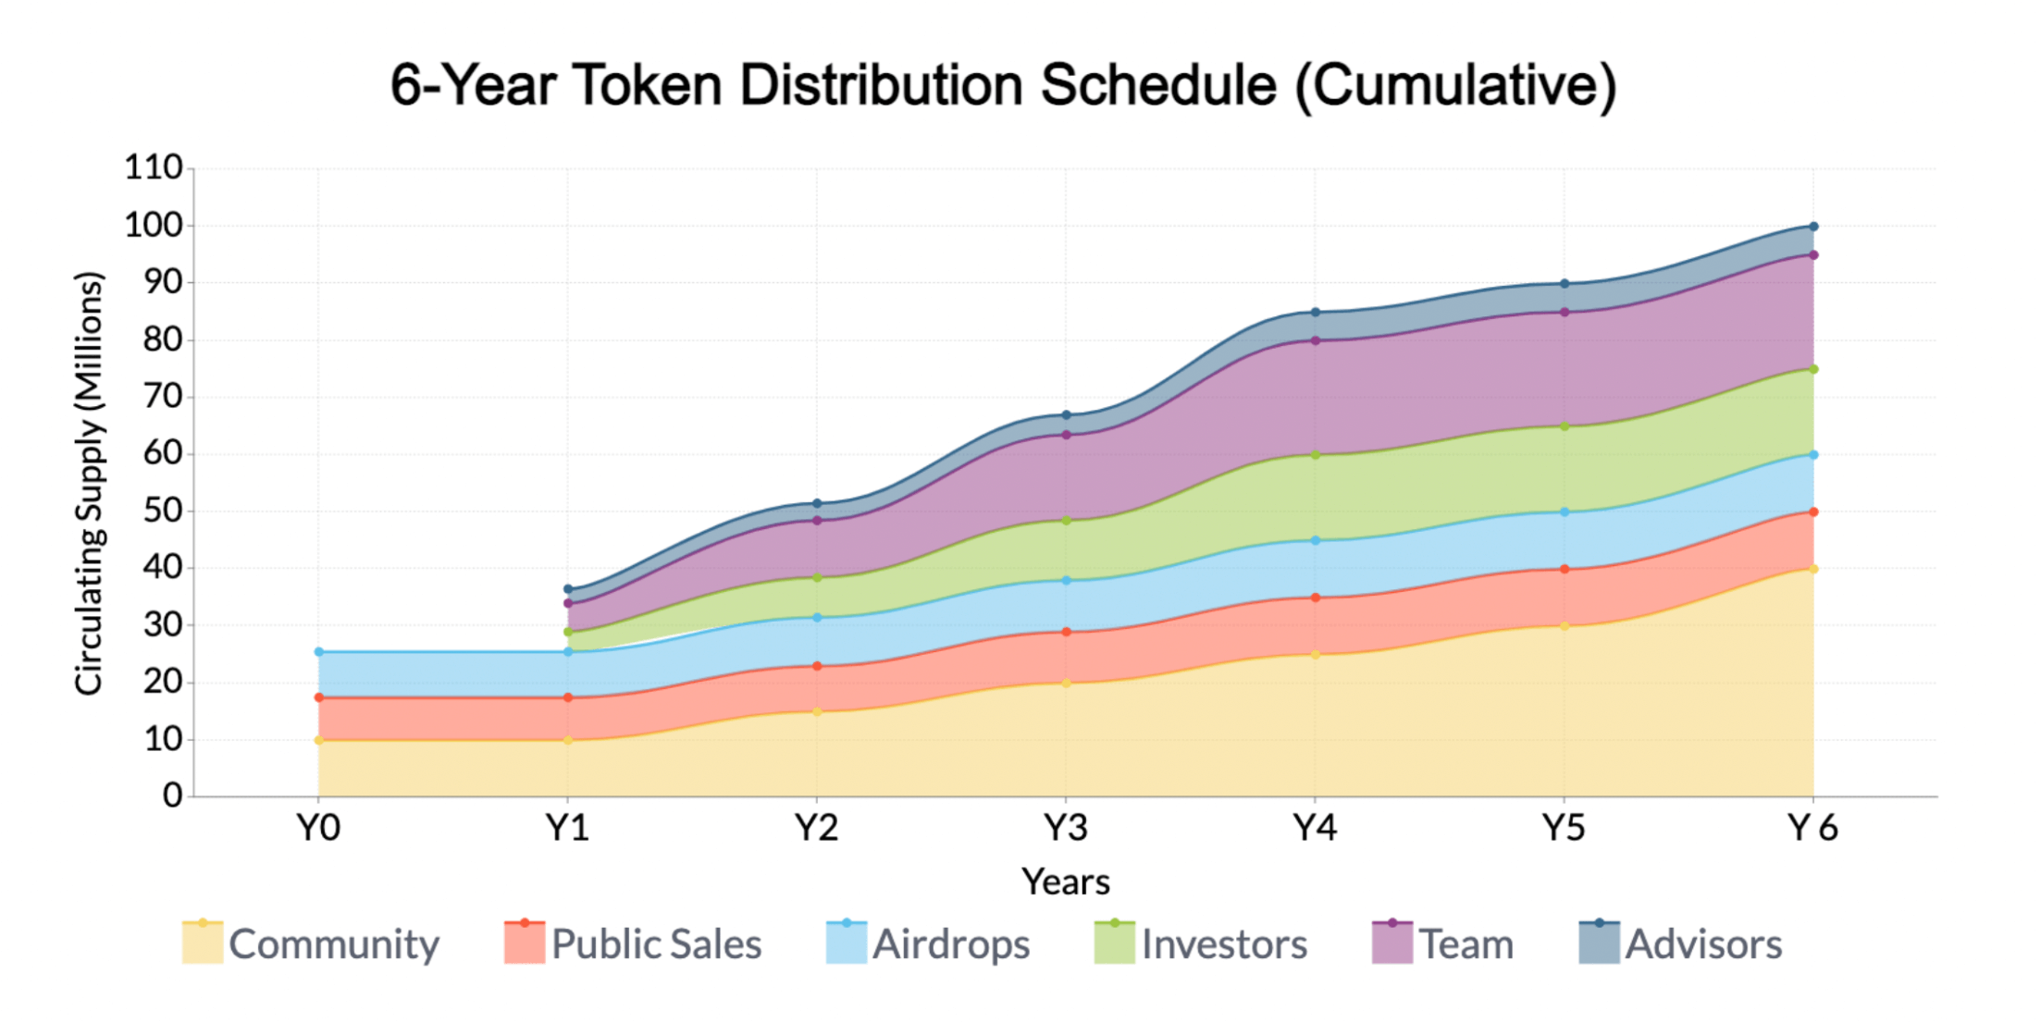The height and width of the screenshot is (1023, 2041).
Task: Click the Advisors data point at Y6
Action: pyautogui.click(x=1813, y=227)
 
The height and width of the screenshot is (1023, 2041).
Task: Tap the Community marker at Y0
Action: pyautogui.click(x=319, y=740)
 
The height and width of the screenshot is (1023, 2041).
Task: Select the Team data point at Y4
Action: pyautogui.click(x=1316, y=340)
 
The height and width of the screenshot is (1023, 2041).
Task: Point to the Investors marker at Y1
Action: pyautogui.click(x=568, y=632)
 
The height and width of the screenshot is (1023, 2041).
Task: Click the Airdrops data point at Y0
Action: pyautogui.click(x=319, y=652)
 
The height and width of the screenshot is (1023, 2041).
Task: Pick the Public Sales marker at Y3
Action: pyautogui.click(x=1066, y=633)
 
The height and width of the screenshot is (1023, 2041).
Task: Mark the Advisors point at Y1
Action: pyautogui.click(x=568, y=589)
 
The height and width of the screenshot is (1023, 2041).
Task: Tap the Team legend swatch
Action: pyautogui.click(x=1392, y=944)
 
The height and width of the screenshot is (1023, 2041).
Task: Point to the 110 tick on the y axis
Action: pyautogui.click(x=154, y=168)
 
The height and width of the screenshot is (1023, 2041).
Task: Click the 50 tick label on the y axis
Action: pyautogui.click(x=163, y=511)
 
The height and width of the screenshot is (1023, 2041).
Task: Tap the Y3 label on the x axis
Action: pyautogui.click(x=1066, y=828)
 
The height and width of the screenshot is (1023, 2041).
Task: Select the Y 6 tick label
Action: pyautogui.click(x=1812, y=828)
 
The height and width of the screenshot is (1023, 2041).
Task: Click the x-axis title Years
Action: pyautogui.click(x=1066, y=881)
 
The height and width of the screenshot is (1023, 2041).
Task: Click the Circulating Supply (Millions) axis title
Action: pyautogui.click(x=90, y=483)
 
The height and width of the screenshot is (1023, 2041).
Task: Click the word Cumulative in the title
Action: pyautogui.click(x=1455, y=86)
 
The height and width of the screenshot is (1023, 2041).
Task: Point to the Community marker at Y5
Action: pyautogui.click(x=1565, y=626)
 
